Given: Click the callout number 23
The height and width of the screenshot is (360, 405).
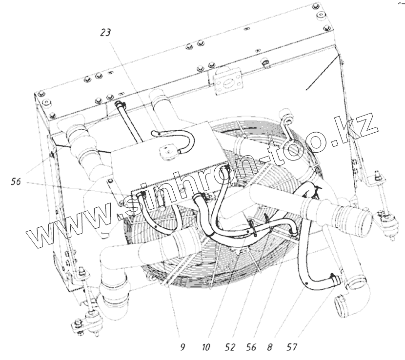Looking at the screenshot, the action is tap(105, 32).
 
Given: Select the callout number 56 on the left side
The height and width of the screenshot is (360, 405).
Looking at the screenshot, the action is tap(16, 181).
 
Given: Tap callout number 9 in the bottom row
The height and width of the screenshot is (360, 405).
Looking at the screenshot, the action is tap(182, 347).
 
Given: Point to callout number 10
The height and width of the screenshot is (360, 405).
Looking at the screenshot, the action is tap(206, 347).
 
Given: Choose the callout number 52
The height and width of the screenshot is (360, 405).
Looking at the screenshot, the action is tap(230, 347).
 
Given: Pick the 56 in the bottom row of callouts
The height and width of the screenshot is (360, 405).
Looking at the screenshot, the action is tap(251, 347).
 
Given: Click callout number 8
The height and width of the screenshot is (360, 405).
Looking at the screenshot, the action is tap(270, 347).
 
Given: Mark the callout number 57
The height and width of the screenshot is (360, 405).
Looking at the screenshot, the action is tap(292, 347).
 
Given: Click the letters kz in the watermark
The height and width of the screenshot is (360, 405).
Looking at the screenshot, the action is tap(357, 128).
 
